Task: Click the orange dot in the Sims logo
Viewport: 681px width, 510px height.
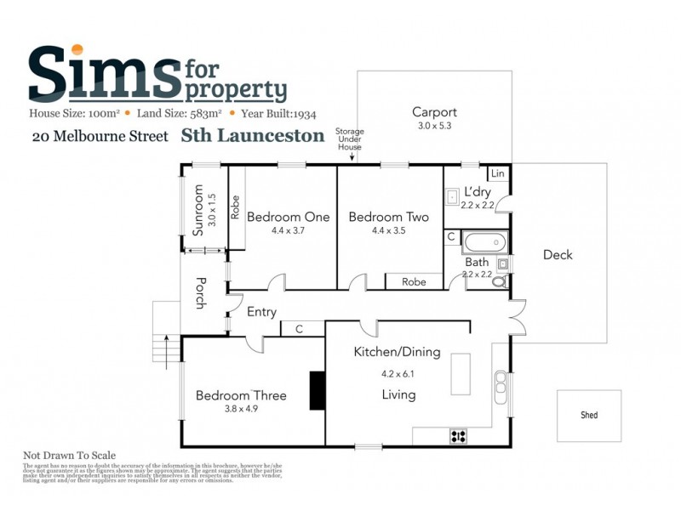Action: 77,49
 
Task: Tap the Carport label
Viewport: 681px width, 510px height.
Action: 434,112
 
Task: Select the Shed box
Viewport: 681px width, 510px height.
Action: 588,415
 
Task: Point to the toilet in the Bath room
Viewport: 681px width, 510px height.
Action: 501,280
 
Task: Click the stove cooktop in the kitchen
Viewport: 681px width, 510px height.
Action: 458,437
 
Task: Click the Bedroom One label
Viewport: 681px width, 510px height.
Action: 288,217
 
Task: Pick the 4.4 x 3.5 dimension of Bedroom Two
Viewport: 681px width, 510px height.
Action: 388,230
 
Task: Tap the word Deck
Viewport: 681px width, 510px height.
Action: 558,255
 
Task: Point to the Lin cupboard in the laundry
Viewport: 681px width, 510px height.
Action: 498,173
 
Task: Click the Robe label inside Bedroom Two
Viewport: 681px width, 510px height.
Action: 414,281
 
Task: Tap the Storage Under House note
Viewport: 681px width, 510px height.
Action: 348,139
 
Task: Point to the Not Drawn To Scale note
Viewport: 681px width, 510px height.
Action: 69,456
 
